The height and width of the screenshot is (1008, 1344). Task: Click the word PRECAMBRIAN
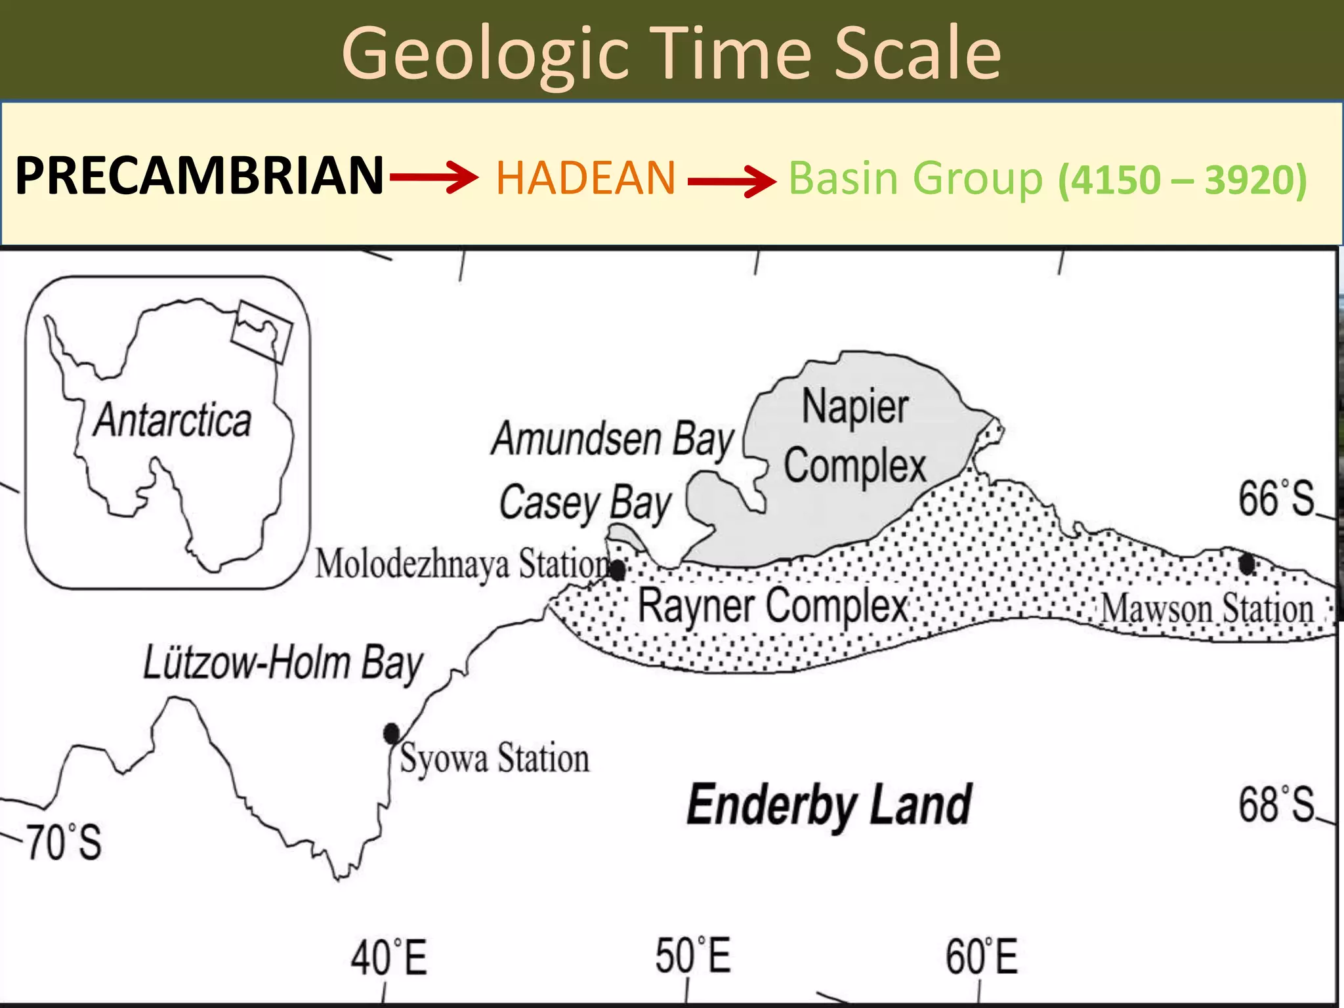(199, 176)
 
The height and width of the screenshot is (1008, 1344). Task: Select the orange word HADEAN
(585, 178)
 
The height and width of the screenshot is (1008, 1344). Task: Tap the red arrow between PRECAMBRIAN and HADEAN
(434, 178)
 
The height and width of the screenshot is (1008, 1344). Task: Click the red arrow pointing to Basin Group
(732, 180)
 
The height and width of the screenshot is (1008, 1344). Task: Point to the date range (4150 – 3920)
(1182, 180)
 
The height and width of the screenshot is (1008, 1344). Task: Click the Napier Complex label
(855, 436)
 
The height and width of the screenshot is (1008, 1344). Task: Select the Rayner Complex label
(772, 606)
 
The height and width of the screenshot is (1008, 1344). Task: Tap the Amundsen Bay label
(612, 440)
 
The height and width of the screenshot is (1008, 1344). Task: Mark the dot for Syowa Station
(392, 733)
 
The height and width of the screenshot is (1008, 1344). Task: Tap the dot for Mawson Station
(1247, 563)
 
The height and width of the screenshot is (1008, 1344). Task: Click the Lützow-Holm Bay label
(283, 663)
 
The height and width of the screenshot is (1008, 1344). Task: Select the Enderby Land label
(829, 805)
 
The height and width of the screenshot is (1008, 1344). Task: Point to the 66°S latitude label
(1276, 499)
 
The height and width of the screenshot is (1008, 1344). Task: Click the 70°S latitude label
(64, 842)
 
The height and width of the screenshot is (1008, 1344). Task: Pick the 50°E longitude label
(693, 956)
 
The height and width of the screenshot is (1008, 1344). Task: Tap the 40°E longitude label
(388, 957)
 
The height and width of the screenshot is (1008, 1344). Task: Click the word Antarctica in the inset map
(172, 420)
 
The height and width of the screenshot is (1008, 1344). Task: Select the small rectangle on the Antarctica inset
(261, 331)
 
